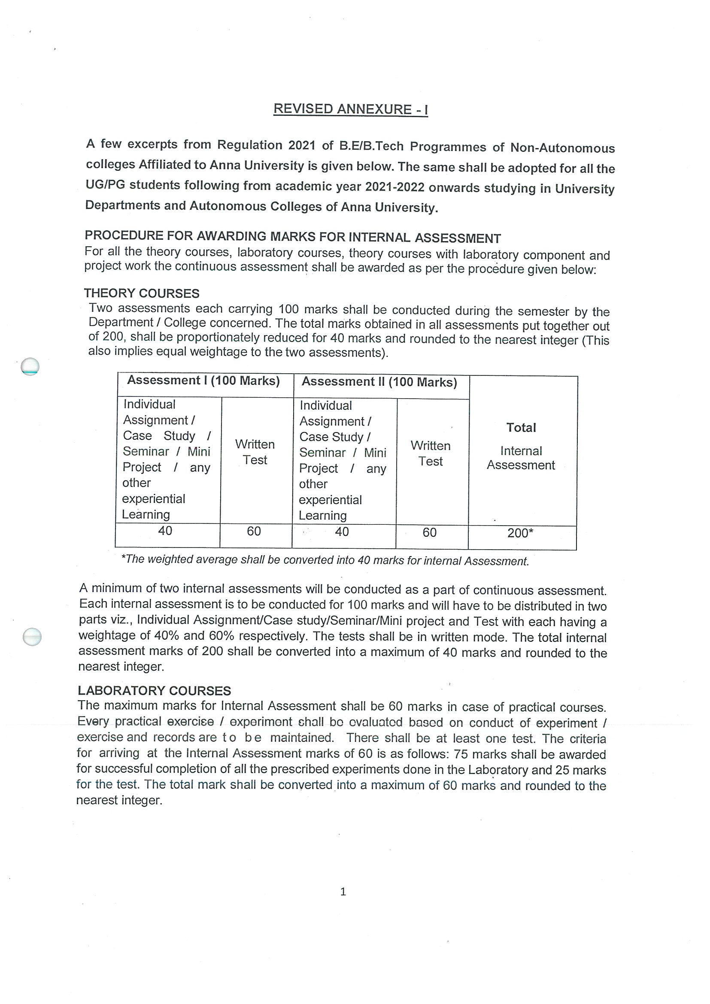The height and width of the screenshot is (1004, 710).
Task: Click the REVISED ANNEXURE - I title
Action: coord(350,109)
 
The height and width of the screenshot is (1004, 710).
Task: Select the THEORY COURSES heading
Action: coord(141,293)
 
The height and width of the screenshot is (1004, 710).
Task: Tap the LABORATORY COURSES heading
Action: coord(154,690)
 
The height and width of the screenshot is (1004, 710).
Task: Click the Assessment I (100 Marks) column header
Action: coord(203,381)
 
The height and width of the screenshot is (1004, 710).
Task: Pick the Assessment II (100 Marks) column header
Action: coord(379,382)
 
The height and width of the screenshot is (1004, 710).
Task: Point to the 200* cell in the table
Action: coord(520,533)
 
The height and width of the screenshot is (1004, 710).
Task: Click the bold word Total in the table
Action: coord(521,428)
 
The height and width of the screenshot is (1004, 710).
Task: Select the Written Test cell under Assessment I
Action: coord(255,452)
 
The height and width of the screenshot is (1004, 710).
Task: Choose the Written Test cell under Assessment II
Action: coord(431,454)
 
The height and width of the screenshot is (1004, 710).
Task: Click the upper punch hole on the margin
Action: coord(30,366)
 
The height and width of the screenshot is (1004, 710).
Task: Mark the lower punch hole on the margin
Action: coord(32,637)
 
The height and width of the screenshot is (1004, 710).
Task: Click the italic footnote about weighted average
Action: coord(325,561)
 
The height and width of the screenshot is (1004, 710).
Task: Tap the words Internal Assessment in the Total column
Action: coord(521,458)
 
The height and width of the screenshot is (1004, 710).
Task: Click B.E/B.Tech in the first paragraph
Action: coord(371,145)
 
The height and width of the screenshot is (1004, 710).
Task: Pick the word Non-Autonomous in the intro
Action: coord(562,148)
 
